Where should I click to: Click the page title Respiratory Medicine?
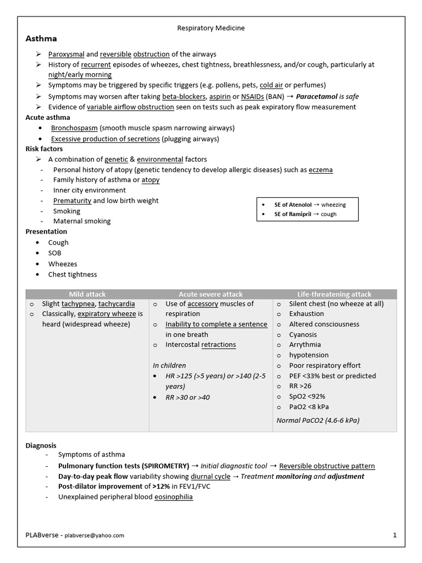coord(211,27)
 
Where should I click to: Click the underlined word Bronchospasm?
coord(74,128)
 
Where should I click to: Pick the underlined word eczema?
coord(321,169)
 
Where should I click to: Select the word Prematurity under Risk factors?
coord(72,201)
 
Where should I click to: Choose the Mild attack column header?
coord(87,294)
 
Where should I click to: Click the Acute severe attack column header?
coord(210,294)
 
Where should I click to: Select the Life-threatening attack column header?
coord(334,294)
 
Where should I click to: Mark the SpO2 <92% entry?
coord(307,396)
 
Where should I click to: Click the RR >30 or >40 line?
coord(188,397)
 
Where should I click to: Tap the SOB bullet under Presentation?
coord(55,253)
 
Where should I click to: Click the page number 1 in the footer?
coord(395,534)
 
